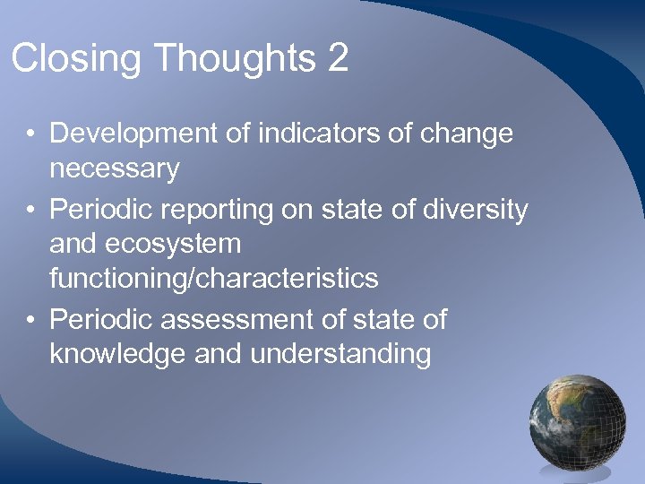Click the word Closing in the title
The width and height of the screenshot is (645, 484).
pyautogui.click(x=76, y=60)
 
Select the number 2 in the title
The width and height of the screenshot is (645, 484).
pyautogui.click(x=338, y=58)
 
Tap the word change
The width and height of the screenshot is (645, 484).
pyautogui.click(x=469, y=134)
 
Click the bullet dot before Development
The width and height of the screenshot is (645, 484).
pyautogui.click(x=30, y=134)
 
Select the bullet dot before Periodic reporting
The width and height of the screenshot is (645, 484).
pyautogui.click(x=30, y=211)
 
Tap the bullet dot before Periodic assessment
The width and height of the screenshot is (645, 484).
pyautogui.click(x=30, y=319)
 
